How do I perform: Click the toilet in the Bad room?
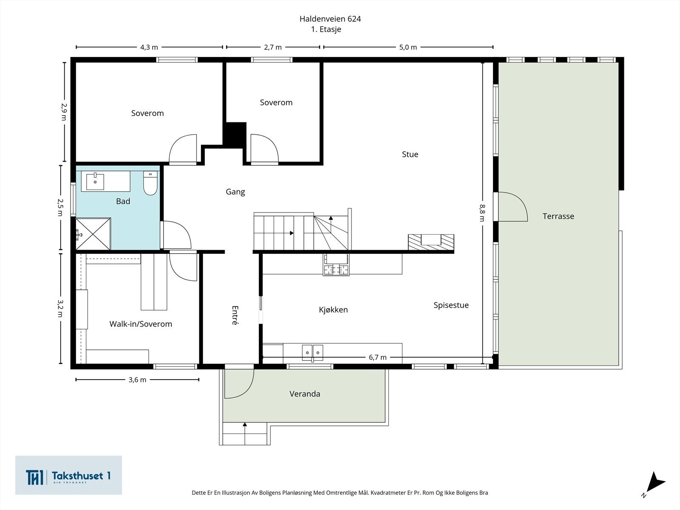point(150,183)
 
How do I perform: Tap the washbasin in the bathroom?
point(95,181)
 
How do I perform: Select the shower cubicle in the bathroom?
point(93,234)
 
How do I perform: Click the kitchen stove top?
point(336,264)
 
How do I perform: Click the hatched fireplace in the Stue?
point(431,242)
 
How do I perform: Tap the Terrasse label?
point(558,216)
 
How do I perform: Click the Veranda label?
point(305,394)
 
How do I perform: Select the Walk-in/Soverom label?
point(141,324)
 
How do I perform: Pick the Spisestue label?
point(451,305)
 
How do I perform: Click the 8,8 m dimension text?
point(482,213)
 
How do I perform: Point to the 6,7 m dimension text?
point(378,357)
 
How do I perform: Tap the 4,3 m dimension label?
point(149,47)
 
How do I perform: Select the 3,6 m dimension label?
point(137,380)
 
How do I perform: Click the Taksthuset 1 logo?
point(68,475)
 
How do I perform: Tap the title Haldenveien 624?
point(330,19)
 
